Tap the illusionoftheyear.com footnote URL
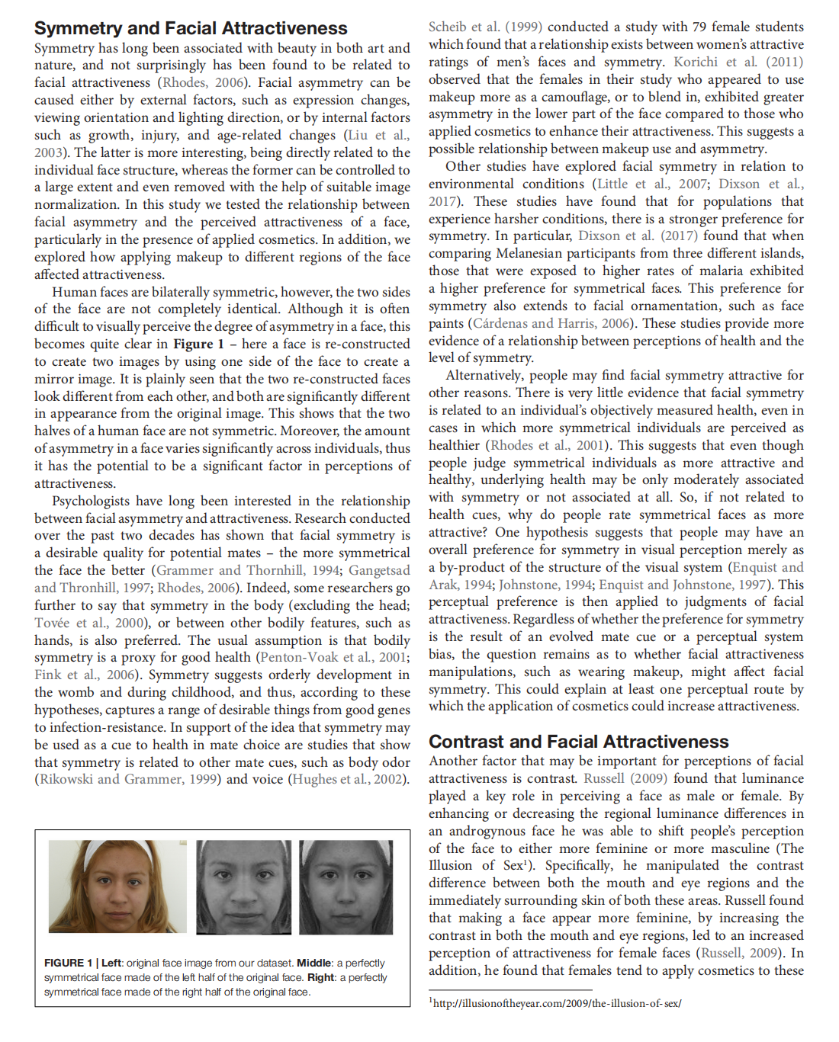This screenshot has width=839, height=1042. pos(557,1003)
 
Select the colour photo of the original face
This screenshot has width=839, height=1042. pos(117,887)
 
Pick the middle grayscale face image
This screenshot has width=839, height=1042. pos(243,887)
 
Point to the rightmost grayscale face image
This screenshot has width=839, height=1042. pos(346,887)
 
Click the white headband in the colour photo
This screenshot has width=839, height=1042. pos(114,847)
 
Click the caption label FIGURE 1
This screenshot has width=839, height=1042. pos(69,963)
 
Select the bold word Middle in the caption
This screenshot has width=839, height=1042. pos(313,963)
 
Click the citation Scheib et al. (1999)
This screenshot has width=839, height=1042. pos(485,27)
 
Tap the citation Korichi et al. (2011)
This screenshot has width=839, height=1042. pos(738,62)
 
